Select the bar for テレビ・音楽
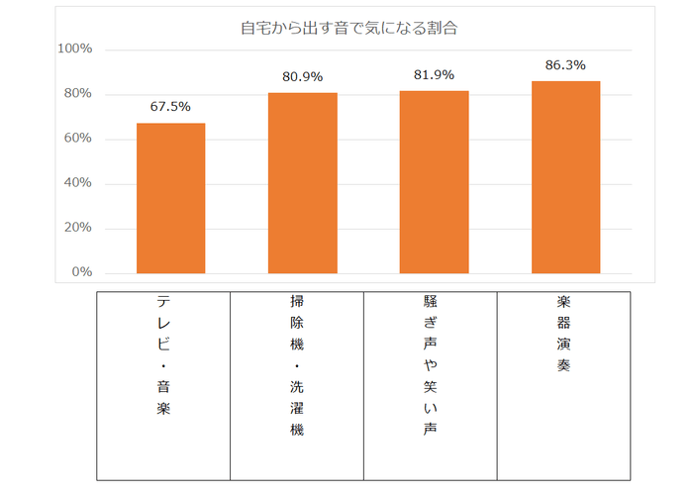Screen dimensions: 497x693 pyautogui.click(x=170, y=198)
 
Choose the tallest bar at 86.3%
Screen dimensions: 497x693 pyautogui.click(x=565, y=177)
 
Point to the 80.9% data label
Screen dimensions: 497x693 pyautogui.click(x=302, y=77)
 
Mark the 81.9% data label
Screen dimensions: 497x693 pyautogui.click(x=434, y=75)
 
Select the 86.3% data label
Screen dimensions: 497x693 pyautogui.click(x=565, y=65)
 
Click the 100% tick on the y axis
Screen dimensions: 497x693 pyautogui.click(x=75, y=49)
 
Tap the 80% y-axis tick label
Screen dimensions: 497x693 pyautogui.click(x=78, y=94)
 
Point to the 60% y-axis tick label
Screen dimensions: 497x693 pyautogui.click(x=78, y=139)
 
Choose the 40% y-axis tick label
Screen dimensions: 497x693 pyautogui.click(x=78, y=183)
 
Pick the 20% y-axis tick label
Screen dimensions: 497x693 pyautogui.click(x=78, y=228)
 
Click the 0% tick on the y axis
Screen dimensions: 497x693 pyautogui.click(x=82, y=272)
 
